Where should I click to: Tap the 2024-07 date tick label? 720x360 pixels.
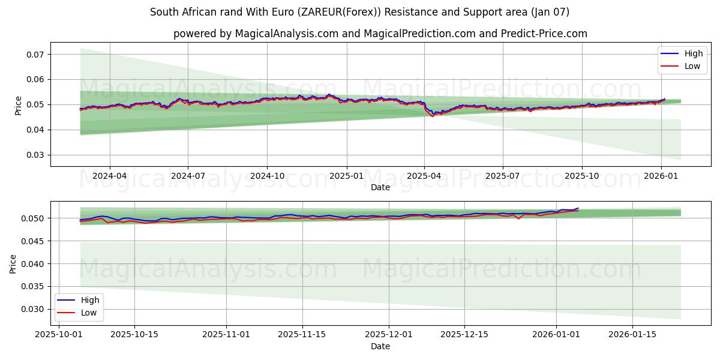point(188,176)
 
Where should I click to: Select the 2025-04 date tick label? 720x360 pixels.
point(424,176)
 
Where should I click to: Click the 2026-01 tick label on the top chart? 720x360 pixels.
point(661,176)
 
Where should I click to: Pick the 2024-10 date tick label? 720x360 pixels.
point(267,176)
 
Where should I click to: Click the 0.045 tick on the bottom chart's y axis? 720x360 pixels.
point(34,241)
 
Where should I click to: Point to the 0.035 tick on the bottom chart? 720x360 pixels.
point(34,287)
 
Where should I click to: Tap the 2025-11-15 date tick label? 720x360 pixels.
point(303,334)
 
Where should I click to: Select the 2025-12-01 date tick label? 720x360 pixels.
point(388,334)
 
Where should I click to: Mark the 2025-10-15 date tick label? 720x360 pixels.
point(134,334)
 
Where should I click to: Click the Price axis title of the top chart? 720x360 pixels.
point(18,105)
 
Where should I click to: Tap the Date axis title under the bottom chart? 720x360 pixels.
point(380,346)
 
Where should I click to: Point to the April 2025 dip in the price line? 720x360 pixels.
point(432,115)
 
